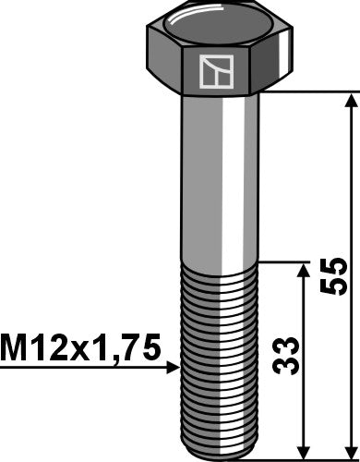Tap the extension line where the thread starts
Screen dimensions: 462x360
(x=282, y=261)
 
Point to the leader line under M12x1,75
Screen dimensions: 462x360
(x=83, y=368)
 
